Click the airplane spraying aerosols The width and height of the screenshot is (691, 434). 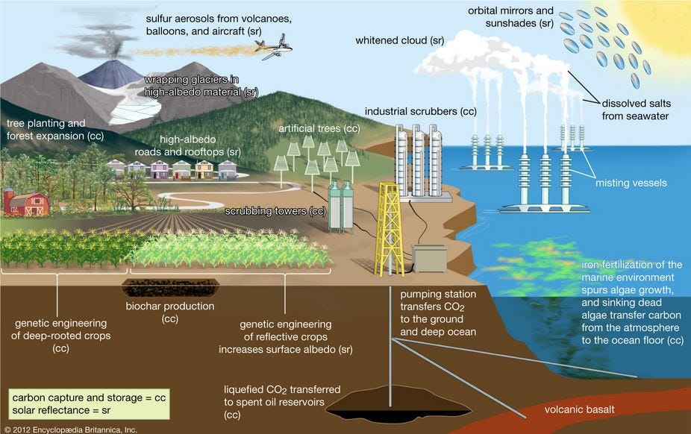[272, 49]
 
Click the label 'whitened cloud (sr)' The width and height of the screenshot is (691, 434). [400, 40]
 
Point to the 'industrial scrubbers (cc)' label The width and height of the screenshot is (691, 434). [420, 111]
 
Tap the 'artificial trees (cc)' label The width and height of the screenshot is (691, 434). [319, 128]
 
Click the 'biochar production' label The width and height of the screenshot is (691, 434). [169, 306]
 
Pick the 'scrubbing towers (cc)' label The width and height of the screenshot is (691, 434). [276, 211]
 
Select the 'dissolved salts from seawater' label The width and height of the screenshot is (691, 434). [637, 110]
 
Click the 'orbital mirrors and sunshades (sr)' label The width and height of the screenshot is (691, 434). [510, 17]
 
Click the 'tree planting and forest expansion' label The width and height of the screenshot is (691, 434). [55, 130]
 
